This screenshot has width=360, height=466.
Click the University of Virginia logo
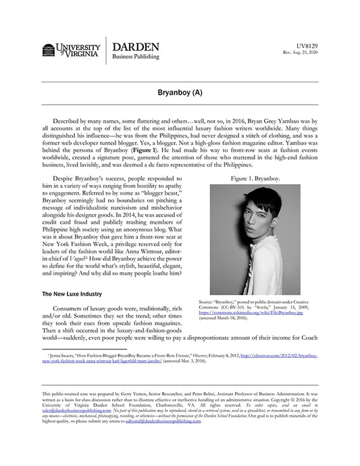72,51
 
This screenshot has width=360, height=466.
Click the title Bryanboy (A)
179,90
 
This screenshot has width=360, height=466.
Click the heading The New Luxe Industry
72,294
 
